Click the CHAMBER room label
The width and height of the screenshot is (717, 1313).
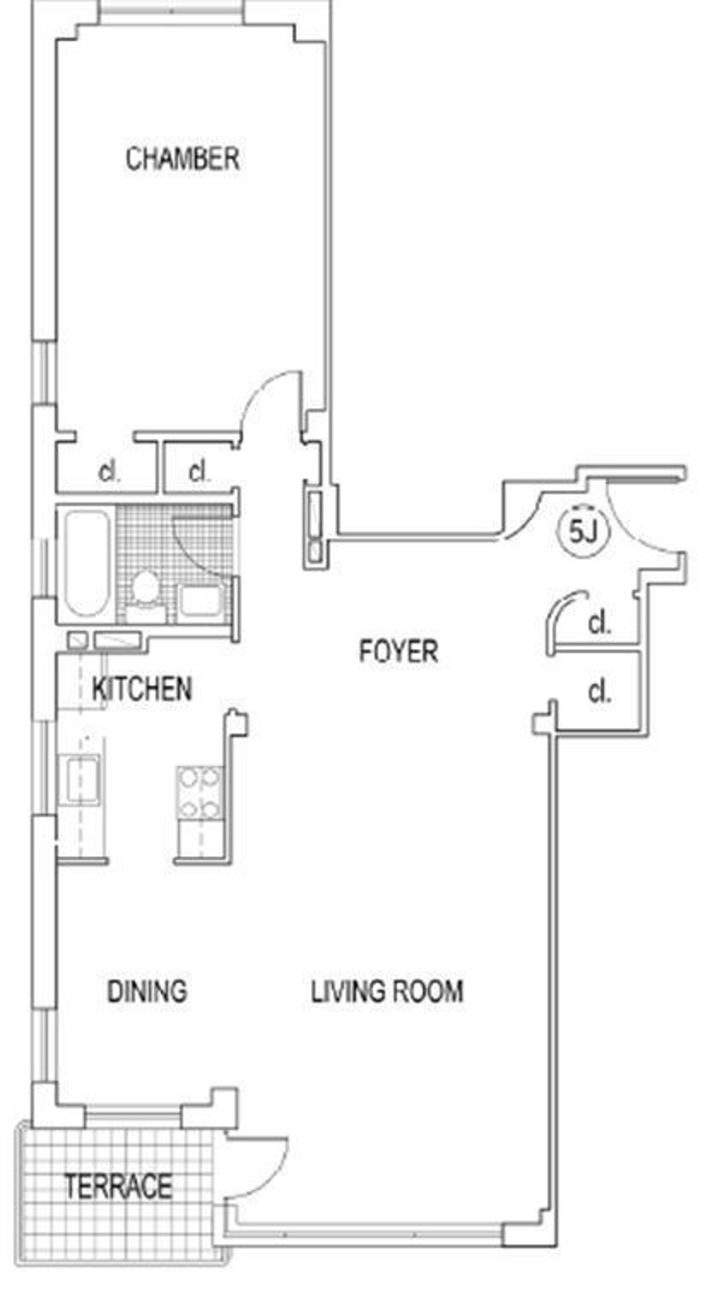click(x=182, y=159)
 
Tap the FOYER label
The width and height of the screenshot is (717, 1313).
click(x=399, y=650)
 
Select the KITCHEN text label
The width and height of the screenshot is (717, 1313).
click(x=142, y=689)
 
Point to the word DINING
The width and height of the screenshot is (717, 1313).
click(x=147, y=991)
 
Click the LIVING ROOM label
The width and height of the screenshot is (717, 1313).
click(x=387, y=991)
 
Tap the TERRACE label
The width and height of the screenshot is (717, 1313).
click(x=119, y=1186)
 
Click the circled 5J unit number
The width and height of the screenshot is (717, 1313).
click(x=583, y=531)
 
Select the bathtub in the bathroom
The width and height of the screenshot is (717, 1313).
click(x=87, y=563)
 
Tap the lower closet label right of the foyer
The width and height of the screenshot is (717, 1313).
click(x=599, y=692)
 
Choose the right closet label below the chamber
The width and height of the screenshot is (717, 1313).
click(x=199, y=472)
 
